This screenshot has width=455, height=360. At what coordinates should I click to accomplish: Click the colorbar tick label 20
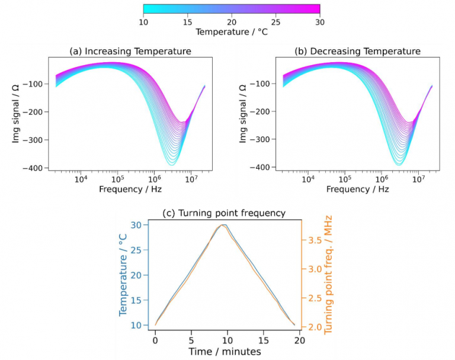click(x=232, y=21)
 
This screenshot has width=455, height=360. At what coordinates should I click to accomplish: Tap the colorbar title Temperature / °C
click(x=231, y=31)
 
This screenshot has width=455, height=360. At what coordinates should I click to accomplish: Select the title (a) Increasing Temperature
click(x=130, y=52)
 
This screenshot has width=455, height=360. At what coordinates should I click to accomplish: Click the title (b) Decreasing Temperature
click(x=357, y=52)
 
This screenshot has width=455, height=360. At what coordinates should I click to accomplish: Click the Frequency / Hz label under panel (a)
click(x=130, y=189)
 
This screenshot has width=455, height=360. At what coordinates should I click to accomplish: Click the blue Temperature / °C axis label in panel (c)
click(x=124, y=275)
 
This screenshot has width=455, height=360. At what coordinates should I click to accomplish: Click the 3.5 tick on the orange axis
click(x=313, y=240)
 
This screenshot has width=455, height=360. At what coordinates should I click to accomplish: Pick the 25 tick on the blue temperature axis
click(x=136, y=250)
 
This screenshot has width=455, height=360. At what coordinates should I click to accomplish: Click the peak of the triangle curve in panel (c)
click(x=223, y=225)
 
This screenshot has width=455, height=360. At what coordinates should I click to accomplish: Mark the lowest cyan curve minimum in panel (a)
click(x=172, y=164)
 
